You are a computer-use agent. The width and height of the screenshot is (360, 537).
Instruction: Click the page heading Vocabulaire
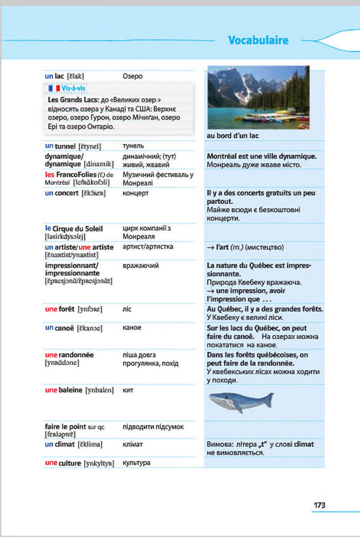point(258,41)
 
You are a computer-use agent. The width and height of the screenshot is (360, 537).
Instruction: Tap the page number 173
point(319,505)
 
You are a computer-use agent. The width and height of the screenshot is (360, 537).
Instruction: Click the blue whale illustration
point(241,400)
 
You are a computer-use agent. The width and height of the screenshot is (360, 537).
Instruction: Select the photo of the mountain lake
point(258,97)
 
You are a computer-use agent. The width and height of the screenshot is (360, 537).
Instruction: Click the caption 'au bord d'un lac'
point(232,136)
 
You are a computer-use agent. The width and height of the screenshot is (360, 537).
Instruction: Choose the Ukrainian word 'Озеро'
point(133,76)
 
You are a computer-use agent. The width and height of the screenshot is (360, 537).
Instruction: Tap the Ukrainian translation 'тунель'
point(133,146)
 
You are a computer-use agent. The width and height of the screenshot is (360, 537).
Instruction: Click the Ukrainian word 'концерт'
point(136,193)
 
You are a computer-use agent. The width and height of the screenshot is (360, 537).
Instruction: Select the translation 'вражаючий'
point(140,266)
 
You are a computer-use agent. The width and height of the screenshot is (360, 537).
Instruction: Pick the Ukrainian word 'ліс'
point(127,309)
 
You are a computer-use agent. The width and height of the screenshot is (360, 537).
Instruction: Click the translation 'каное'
point(132,327)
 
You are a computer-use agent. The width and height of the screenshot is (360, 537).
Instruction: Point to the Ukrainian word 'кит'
point(128,390)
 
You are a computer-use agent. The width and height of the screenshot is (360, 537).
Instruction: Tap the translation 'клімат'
point(133,444)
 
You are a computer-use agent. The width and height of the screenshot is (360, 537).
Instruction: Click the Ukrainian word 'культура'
point(136,463)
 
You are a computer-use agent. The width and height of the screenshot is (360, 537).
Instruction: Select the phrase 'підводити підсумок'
point(153,427)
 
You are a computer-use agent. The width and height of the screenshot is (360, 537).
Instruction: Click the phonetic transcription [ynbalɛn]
point(102,390)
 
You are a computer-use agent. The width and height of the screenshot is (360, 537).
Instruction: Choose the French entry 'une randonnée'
point(69,355)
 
